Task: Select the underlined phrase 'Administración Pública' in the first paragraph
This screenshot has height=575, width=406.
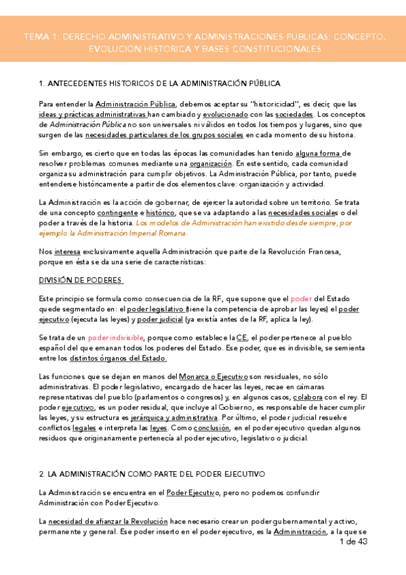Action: click(136, 104)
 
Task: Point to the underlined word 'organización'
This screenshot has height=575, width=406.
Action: click(210, 164)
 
